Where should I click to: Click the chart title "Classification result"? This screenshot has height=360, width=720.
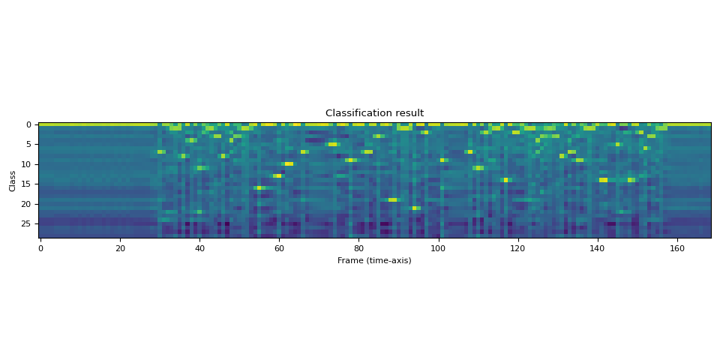[x=374, y=113]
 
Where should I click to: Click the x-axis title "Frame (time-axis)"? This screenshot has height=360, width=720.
[x=374, y=260]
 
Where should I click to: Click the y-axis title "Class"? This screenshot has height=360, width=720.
[x=13, y=181]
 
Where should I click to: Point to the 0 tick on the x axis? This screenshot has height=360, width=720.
[x=40, y=248]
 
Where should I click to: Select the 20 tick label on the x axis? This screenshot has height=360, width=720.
[x=120, y=248]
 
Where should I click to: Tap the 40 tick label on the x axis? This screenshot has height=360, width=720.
[x=199, y=248]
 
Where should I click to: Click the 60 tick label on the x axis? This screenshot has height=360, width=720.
[x=279, y=248]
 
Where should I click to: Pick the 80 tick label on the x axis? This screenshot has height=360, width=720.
[x=358, y=248]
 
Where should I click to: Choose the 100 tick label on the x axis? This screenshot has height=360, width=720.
[x=438, y=248]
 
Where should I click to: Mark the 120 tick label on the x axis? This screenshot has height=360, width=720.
[x=517, y=248]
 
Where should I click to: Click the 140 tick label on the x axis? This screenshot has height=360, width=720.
[x=597, y=248]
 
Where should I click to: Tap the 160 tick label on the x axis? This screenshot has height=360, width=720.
[x=676, y=248]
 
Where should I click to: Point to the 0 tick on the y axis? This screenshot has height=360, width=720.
[x=28, y=124]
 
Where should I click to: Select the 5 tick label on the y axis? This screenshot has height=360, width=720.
[x=28, y=144]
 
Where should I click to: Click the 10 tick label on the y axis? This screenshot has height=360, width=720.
[x=26, y=164]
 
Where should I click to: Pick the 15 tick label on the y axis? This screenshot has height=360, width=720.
[x=26, y=184]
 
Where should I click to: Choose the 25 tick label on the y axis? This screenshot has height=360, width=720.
[x=26, y=223]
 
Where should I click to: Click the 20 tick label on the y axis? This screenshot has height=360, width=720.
[x=26, y=204]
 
